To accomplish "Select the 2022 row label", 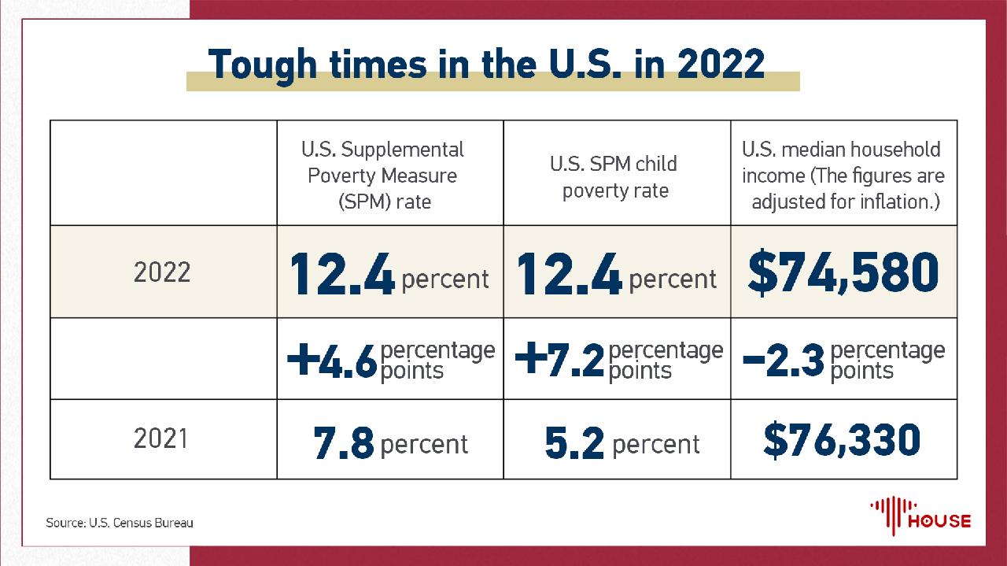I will point(162,272).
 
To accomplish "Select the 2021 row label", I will point(162,438).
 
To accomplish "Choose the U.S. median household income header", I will point(843,175).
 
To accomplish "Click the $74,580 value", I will point(843,272).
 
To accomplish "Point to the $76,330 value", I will point(841,439).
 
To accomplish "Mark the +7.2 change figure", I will point(559,361).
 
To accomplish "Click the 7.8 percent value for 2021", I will point(390,444).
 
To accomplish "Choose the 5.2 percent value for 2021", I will point(621,444).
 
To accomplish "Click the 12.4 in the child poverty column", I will point(569,274).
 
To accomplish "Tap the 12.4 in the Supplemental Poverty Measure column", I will point(342,274).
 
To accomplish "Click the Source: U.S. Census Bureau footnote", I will point(120,523).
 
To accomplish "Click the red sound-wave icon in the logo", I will point(889,513).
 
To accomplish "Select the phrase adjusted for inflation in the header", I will point(847,202).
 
